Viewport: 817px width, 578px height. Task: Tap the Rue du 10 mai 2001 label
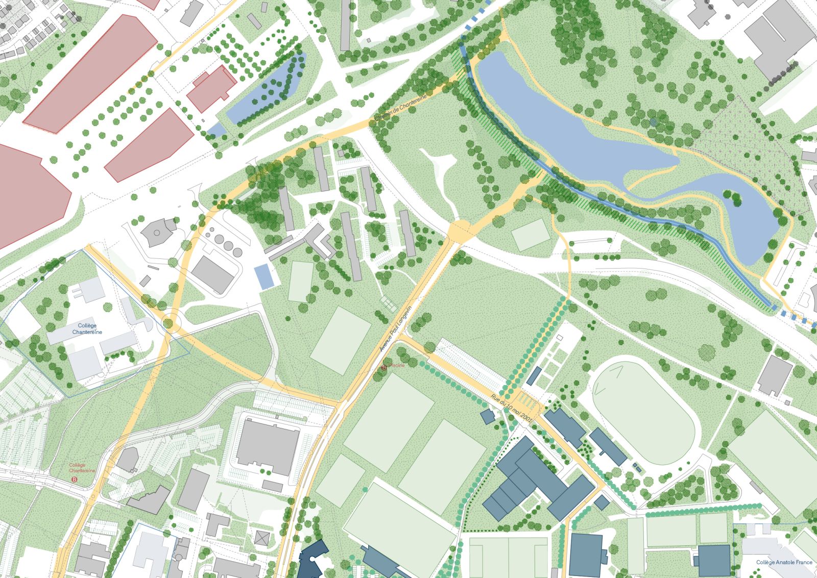pos(512,407)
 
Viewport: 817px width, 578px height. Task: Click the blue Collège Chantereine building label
pos(87,328)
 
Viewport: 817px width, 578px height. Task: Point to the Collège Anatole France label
pos(784,562)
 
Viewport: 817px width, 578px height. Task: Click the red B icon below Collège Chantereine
pos(75,479)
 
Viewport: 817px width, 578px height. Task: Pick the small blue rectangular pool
pos(264,276)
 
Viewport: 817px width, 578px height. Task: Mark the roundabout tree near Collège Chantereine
pos(169,323)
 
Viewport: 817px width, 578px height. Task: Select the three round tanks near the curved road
pos(225,242)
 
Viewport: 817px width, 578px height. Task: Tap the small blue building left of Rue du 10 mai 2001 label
pos(488,416)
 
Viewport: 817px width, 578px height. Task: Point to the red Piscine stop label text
pos(397,365)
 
